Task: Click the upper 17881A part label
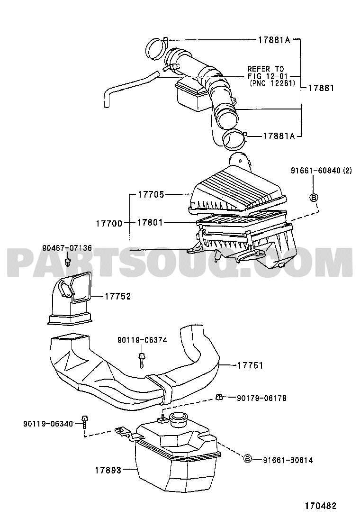click(x=274, y=40)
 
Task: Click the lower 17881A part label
click(x=279, y=136)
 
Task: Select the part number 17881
click(x=321, y=88)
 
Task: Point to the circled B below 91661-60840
click(x=313, y=198)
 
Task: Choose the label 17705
click(x=151, y=195)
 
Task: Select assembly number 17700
click(x=109, y=223)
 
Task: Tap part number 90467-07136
click(x=67, y=248)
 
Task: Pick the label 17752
click(x=117, y=297)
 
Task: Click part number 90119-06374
click(x=142, y=340)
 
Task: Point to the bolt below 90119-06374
click(x=141, y=360)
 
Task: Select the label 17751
click(x=250, y=365)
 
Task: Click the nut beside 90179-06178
click(x=219, y=397)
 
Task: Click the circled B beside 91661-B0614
click(x=247, y=458)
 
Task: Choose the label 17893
click(x=108, y=470)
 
